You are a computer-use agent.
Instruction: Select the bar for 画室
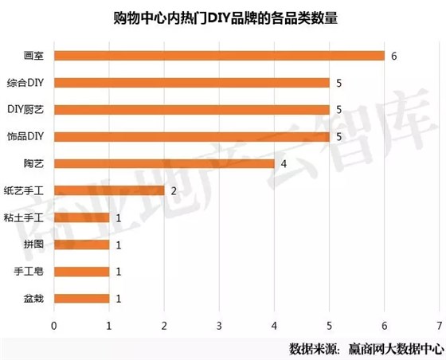pos(219,56)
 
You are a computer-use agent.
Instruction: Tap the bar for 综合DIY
pos(192,83)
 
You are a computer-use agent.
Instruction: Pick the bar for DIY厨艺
pos(192,110)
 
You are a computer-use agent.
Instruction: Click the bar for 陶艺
pos(164,163)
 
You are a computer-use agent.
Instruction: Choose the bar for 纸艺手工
pos(109,190)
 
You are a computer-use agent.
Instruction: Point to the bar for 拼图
pos(81,245)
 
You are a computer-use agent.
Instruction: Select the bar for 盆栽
pos(81,299)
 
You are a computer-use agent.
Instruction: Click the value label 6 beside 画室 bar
pos(393,56)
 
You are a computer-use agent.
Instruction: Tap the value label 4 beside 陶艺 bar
pos(283,163)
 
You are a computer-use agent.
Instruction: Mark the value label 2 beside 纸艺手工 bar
pos(173,190)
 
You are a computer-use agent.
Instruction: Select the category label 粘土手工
pos(25,217)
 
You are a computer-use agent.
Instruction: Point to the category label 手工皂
pos(29,272)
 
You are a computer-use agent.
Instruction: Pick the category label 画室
pos(33,56)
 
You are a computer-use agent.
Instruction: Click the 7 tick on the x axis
pos(439,325)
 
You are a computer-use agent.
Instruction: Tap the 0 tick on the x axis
pos(54,325)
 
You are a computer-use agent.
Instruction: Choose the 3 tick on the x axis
pos(219,325)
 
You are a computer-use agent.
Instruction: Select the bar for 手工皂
pos(81,272)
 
